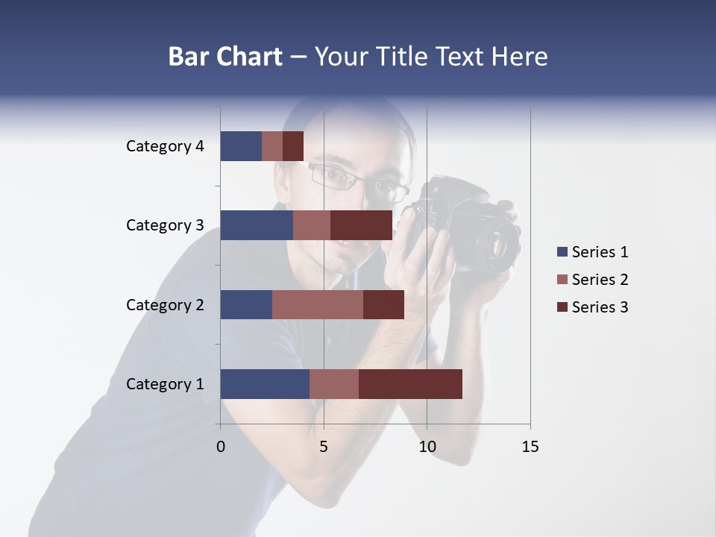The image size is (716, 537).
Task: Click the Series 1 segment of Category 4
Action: click(x=241, y=146)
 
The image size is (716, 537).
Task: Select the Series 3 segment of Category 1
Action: click(x=410, y=384)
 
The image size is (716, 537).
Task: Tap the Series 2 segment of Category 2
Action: click(x=318, y=304)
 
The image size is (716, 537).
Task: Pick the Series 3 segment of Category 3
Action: click(x=361, y=225)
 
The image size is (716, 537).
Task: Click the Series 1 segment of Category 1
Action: click(x=265, y=384)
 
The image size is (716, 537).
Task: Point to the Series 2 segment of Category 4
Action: click(x=272, y=146)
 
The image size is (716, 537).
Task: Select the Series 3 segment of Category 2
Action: click(x=383, y=304)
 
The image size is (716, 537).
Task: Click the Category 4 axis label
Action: click(x=165, y=146)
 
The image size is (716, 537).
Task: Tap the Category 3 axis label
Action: click(x=165, y=225)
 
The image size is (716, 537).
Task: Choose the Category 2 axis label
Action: click(x=165, y=305)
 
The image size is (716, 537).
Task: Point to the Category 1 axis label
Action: click(x=165, y=384)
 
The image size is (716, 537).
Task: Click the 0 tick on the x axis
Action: click(x=221, y=447)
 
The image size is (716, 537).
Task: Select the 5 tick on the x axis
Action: click(x=324, y=447)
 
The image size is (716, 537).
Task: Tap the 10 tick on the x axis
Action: click(x=427, y=447)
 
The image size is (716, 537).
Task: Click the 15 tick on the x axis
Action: click(x=530, y=447)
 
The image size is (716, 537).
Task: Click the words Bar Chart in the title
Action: click(x=225, y=57)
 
